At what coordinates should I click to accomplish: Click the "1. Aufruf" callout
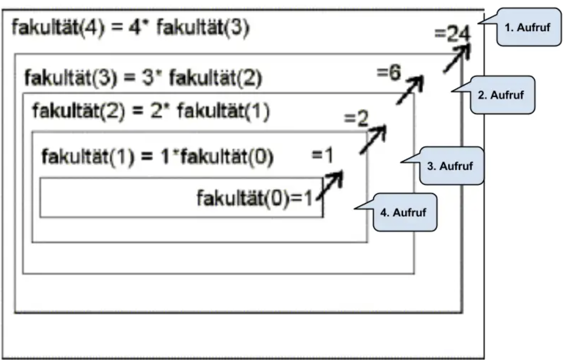coord(528,27)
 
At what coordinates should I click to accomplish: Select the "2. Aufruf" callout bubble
coord(502,95)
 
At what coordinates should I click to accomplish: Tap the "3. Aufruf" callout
coord(451,166)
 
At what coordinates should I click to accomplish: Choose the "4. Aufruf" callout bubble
coord(405,213)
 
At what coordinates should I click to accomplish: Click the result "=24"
coord(452,34)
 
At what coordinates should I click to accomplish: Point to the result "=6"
coord(389,73)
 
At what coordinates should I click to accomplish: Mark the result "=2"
coord(356,118)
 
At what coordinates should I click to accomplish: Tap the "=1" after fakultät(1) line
coord(322,155)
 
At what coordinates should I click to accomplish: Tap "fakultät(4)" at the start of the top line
coord(58,28)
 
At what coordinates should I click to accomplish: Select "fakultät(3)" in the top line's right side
coord(202,28)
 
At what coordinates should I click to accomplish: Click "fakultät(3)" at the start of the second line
coord(71,77)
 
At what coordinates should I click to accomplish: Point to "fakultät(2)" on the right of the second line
coord(216,77)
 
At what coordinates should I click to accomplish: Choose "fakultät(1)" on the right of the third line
coord(223,111)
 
